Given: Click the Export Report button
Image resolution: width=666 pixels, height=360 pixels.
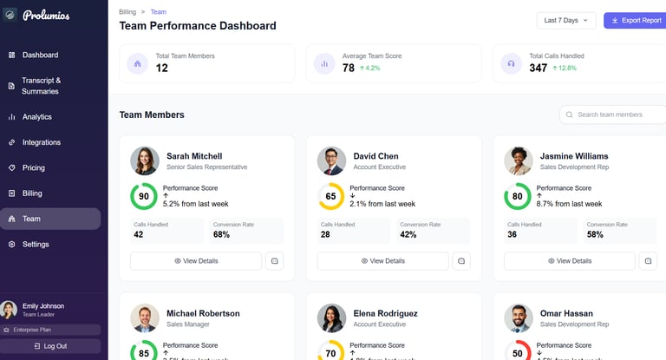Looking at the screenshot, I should pyautogui.click(x=636, y=20).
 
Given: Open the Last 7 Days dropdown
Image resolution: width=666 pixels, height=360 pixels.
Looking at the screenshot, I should pyautogui.click(x=566, y=20).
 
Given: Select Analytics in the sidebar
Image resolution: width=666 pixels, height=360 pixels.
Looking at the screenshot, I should pyautogui.click(x=36, y=116).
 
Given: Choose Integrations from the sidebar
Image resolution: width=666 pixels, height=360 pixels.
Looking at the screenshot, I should pyautogui.click(x=41, y=142).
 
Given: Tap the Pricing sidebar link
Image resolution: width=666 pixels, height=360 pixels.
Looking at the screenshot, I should pyautogui.click(x=33, y=167).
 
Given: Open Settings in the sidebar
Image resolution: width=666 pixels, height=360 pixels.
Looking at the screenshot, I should pyautogui.click(x=36, y=245).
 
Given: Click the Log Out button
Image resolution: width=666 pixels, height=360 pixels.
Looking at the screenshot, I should pyautogui.click(x=50, y=346).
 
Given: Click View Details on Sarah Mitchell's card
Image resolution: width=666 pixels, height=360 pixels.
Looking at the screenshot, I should pyautogui.click(x=196, y=261).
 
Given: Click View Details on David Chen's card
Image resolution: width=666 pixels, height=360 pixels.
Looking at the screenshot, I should pyautogui.click(x=382, y=261).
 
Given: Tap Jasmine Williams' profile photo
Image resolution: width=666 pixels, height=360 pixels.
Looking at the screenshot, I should pyautogui.click(x=519, y=161).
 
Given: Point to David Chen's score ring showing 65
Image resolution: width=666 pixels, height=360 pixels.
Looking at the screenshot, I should pyautogui.click(x=330, y=196).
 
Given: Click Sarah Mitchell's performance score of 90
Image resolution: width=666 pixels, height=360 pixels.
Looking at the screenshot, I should pyautogui.click(x=144, y=196).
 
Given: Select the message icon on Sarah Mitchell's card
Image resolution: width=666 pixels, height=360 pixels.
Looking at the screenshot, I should pyautogui.click(x=274, y=261).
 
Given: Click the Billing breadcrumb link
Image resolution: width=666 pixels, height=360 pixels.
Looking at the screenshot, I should pyautogui.click(x=127, y=12).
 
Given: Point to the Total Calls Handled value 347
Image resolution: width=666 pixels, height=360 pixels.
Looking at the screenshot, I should pyautogui.click(x=538, y=68).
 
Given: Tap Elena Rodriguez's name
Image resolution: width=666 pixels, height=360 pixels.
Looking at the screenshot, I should pyautogui.click(x=385, y=313).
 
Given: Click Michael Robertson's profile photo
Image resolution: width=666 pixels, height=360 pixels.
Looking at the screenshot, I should pyautogui.click(x=145, y=318).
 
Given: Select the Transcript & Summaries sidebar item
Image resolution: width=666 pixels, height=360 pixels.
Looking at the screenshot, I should pyautogui.click(x=41, y=85).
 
